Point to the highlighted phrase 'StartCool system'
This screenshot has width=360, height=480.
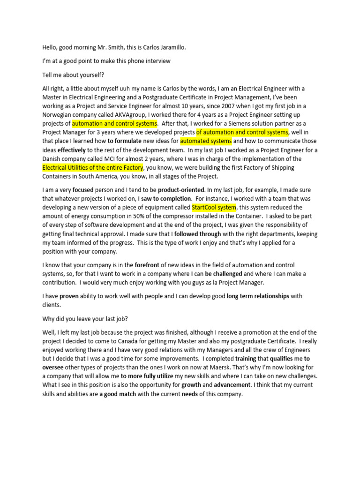[x=214, y=207]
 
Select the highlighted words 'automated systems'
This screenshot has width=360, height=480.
[x=206, y=141]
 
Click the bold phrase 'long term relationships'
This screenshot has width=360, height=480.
[x=258, y=296]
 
